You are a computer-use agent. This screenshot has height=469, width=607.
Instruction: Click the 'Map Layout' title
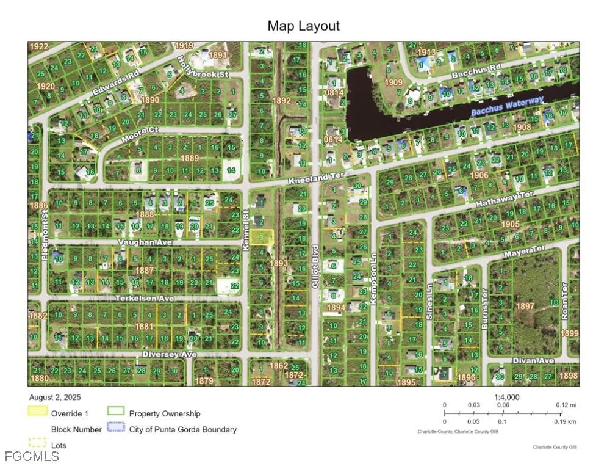pos(303,26)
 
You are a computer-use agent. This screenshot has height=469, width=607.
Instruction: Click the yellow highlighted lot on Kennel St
pos(260,238)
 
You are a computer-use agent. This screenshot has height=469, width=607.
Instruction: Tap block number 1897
pos(525,305)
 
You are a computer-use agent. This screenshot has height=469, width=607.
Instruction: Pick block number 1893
pos(278,263)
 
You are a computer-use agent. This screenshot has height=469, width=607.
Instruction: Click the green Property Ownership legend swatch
pos(115,413)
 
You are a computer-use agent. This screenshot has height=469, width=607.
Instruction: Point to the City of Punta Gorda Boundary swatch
pos(115,429)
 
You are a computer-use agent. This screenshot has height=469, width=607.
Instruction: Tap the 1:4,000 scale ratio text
pos(506,397)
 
